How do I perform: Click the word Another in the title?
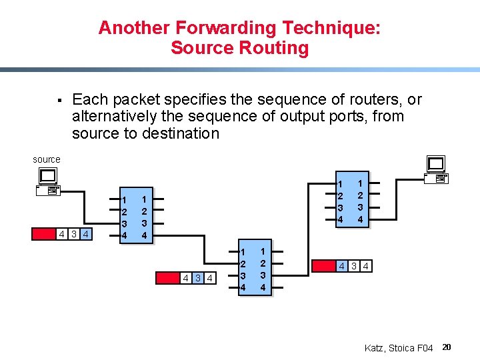(x=134, y=28)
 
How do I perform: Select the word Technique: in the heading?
(x=331, y=28)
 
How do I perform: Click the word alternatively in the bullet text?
(x=117, y=117)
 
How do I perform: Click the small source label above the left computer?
(x=47, y=159)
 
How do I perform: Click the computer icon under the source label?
(x=49, y=182)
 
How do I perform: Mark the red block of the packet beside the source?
(x=44, y=234)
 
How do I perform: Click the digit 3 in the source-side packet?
(x=74, y=234)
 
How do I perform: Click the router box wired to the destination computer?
(x=351, y=201)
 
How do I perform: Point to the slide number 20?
(x=447, y=347)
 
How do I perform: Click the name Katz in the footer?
(x=377, y=348)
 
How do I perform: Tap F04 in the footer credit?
(x=424, y=348)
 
